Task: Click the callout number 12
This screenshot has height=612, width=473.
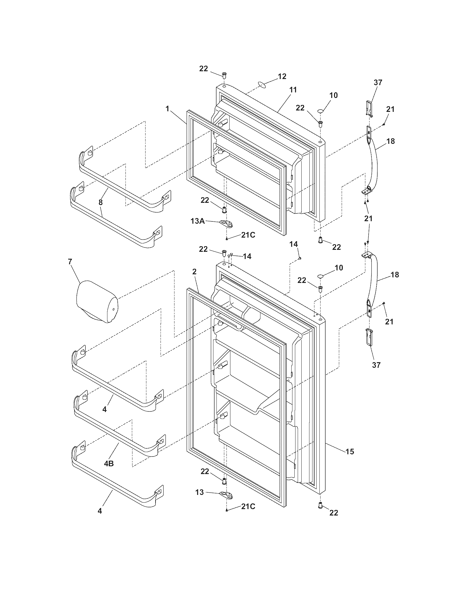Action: [x=282, y=76]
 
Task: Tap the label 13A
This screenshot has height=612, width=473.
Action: [x=198, y=221]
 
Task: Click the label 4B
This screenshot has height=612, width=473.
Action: [x=109, y=463]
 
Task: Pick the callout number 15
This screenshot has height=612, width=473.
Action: [x=350, y=451]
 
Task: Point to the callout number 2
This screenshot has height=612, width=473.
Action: [x=194, y=272]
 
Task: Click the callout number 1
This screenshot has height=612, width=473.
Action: [x=167, y=108]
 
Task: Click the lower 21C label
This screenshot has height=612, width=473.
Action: [x=248, y=507]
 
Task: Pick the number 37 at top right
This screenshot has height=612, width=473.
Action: [x=378, y=82]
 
